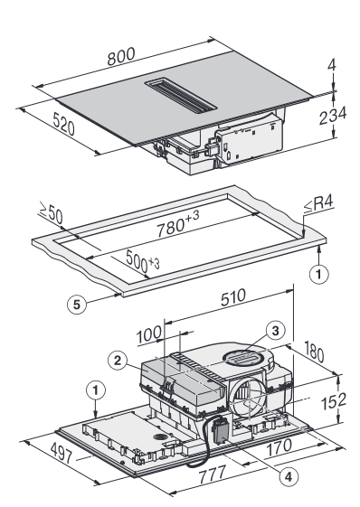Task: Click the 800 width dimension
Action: (x=121, y=56)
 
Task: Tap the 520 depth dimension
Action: (x=64, y=123)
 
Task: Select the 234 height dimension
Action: (x=333, y=115)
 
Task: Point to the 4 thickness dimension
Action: (x=332, y=65)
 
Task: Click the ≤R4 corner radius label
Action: (x=318, y=204)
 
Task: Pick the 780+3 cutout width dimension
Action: (x=177, y=223)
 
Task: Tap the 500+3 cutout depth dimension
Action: (x=142, y=260)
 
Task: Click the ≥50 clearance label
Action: (x=52, y=212)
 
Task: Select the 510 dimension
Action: (x=233, y=297)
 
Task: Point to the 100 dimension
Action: (x=148, y=334)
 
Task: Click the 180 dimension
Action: (x=314, y=352)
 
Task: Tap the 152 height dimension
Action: (x=333, y=401)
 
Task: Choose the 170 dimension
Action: (x=279, y=447)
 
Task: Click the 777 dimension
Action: (x=212, y=474)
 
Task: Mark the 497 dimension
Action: (x=62, y=453)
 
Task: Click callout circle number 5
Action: (x=77, y=305)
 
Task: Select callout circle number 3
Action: (x=275, y=331)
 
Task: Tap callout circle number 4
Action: (x=288, y=476)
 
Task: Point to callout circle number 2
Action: (x=118, y=361)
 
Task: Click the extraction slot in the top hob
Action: (x=181, y=96)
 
